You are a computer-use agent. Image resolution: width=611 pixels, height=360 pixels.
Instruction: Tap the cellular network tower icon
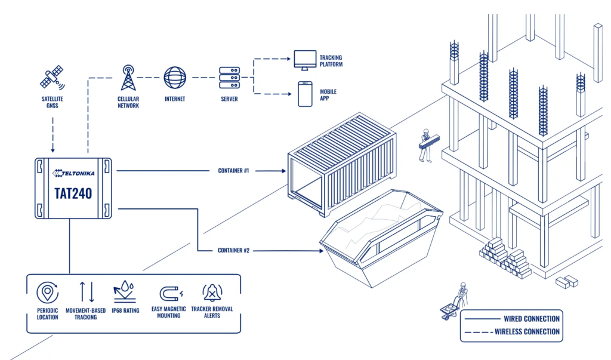[x=128, y=78]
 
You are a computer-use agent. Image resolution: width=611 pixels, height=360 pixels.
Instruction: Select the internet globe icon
[x=175, y=78]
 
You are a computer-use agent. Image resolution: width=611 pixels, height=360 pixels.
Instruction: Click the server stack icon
[x=229, y=78]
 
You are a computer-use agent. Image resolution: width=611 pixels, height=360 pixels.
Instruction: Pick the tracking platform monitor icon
[x=304, y=59]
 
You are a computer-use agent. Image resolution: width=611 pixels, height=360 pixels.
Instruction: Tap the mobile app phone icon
[x=305, y=94]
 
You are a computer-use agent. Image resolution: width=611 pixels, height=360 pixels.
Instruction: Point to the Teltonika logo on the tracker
[x=74, y=173]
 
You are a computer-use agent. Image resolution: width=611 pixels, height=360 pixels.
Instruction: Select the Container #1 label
[x=233, y=171]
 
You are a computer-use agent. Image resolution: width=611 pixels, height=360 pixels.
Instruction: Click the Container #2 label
[x=233, y=250]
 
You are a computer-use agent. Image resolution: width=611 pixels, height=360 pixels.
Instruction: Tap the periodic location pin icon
[x=47, y=293]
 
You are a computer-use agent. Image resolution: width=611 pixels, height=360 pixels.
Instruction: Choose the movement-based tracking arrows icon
[x=87, y=292]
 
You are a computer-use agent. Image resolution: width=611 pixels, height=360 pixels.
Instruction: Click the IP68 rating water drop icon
[x=125, y=292]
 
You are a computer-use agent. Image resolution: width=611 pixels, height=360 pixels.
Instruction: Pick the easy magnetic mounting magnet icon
[x=169, y=293]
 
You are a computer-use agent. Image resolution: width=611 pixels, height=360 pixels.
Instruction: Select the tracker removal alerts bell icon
[x=212, y=293]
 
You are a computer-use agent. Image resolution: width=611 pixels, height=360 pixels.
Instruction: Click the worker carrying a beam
[x=426, y=144]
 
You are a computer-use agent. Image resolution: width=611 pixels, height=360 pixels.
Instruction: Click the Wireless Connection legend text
[x=527, y=331]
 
